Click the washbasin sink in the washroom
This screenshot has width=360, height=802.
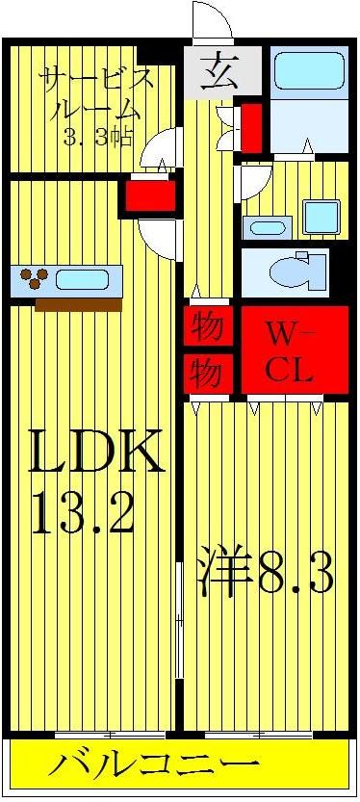(x=267, y=228)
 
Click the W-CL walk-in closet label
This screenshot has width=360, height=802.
(x=290, y=353)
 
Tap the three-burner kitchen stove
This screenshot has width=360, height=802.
(x=36, y=280)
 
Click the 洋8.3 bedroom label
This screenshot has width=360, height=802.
(x=267, y=574)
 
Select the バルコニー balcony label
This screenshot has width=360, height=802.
(x=154, y=767)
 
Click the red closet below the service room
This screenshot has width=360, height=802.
(x=149, y=196)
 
